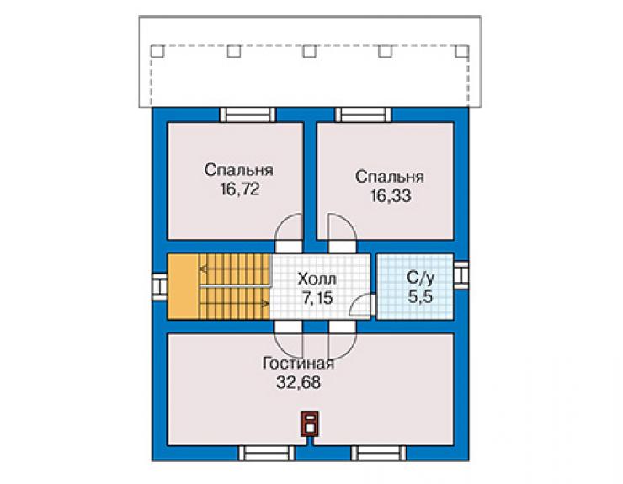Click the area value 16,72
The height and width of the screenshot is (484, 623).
point(240,189)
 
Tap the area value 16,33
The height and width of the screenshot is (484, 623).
point(391,195)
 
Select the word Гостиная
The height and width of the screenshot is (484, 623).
point(298,364)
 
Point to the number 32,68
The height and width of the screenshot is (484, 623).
point(298,382)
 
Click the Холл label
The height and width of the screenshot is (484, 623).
point(317,279)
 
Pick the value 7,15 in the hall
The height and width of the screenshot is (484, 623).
point(317,298)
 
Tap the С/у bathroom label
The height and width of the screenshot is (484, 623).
point(420,278)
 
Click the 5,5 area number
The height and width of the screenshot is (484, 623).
point(420,297)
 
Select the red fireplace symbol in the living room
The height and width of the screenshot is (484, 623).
point(310,424)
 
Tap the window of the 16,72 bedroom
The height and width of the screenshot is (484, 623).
point(248,114)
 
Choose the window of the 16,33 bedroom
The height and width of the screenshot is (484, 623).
point(363,114)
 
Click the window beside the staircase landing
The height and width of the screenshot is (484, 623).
point(160,286)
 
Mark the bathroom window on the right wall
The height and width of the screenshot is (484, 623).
point(461,274)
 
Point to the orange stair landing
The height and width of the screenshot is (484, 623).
point(183,286)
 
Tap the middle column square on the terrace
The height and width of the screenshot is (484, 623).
point(310,51)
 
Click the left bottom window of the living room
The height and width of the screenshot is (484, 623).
point(266,454)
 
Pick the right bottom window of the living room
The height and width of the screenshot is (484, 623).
point(379,454)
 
